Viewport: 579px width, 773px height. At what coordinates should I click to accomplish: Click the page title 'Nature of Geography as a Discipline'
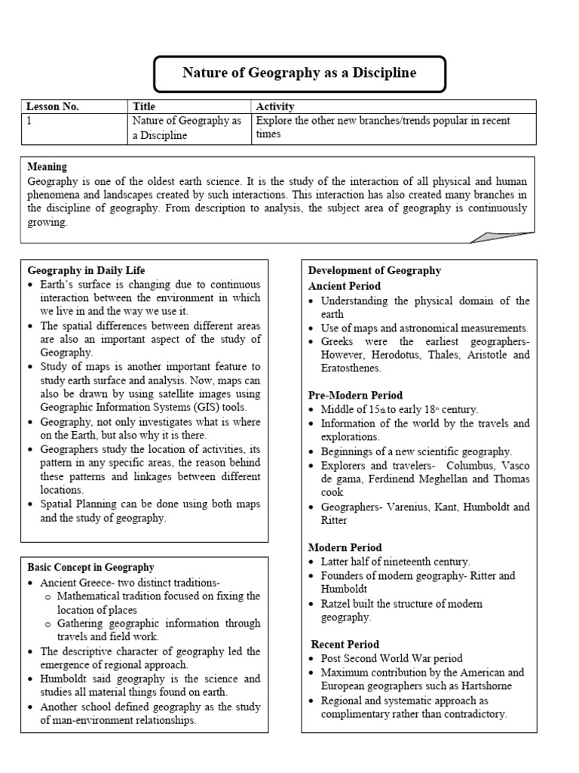299,73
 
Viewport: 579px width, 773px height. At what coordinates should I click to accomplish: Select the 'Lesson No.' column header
53,106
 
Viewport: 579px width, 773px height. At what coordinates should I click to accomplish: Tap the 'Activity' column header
275,106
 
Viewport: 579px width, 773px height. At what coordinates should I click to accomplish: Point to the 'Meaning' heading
47,167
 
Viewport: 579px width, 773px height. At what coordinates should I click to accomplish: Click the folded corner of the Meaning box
501,236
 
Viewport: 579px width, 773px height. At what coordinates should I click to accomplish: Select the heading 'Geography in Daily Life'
86,270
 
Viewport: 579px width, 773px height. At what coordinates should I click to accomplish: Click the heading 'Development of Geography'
375,270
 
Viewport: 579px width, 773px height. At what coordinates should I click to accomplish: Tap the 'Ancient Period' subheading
345,286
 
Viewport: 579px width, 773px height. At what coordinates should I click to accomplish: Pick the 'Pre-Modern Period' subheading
355,396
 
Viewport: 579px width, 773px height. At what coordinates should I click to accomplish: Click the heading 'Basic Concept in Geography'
90,567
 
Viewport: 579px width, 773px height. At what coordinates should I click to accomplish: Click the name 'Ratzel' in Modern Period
336,604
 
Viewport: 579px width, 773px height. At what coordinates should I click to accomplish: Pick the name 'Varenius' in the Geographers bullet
408,507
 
